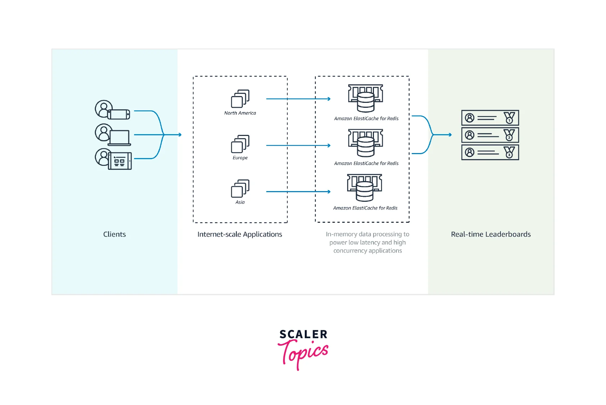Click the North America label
coord(240,113)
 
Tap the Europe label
coord(240,158)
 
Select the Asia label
coord(240,202)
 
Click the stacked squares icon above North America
coord(240,98)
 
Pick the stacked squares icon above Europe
coord(240,144)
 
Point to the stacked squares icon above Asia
coord(240,188)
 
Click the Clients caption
coord(114,234)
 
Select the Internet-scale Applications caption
coord(240,234)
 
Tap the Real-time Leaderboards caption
coord(491,234)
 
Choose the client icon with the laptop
coord(113,135)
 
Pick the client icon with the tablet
coord(113,159)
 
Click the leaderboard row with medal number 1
coord(490,118)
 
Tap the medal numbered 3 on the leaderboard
coord(509,152)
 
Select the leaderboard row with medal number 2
coord(490,135)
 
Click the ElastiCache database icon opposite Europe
coord(365,143)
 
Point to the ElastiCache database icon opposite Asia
coord(365,188)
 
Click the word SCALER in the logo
coord(303,334)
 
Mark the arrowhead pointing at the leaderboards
coord(450,135)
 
